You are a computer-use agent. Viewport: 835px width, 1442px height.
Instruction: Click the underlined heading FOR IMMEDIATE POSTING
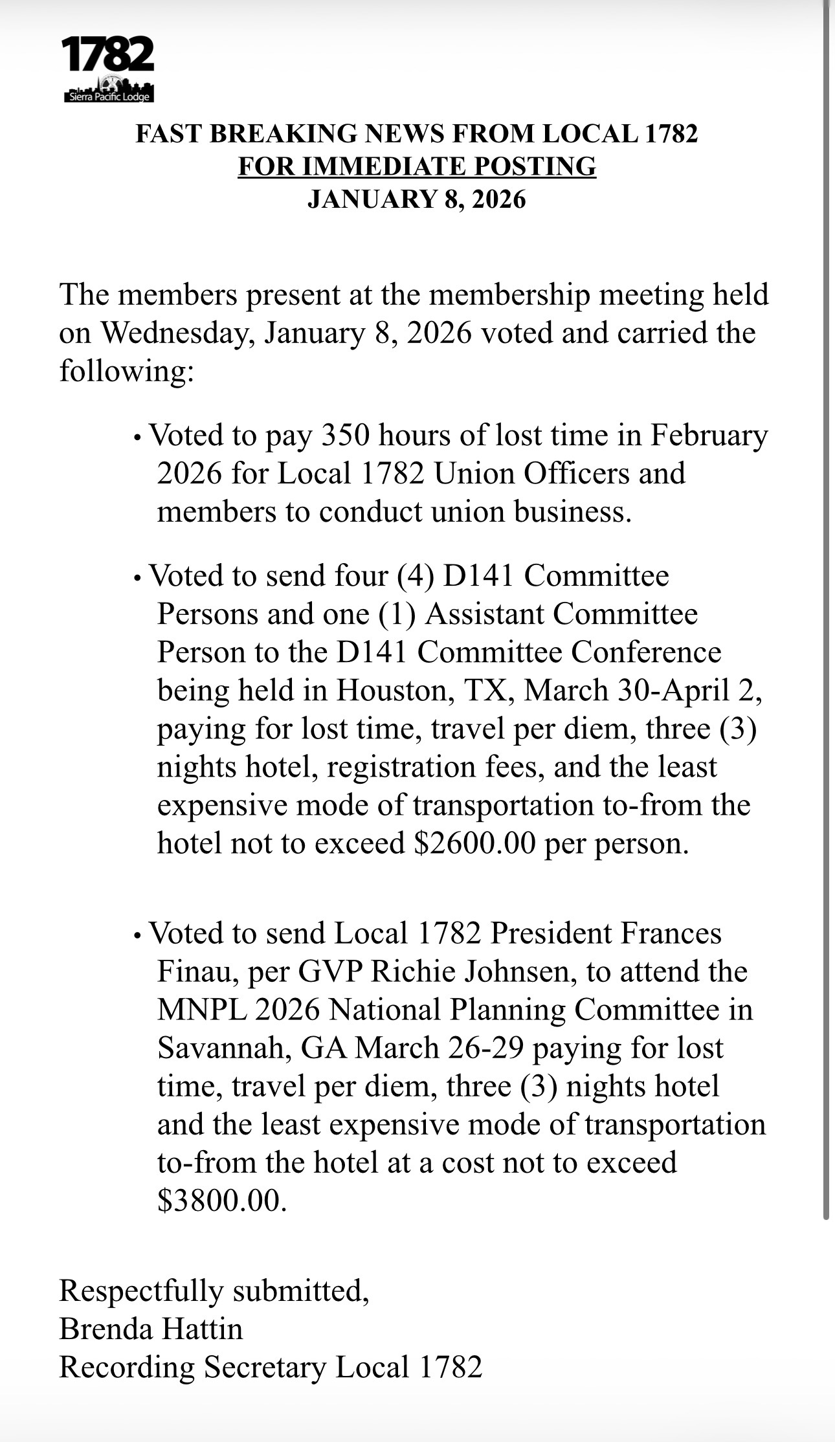[x=417, y=166]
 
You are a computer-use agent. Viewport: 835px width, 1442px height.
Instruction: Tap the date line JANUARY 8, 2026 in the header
[x=417, y=199]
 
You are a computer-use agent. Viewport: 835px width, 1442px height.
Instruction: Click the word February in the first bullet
[x=708, y=435]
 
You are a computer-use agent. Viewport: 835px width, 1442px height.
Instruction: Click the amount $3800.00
[x=221, y=1201]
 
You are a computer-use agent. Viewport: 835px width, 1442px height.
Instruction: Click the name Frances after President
[x=671, y=933]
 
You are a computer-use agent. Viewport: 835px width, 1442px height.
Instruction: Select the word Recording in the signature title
[x=127, y=1367]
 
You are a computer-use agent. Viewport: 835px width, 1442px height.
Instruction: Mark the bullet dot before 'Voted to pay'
[x=137, y=438]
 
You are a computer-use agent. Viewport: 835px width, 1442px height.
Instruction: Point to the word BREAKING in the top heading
[x=283, y=134]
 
